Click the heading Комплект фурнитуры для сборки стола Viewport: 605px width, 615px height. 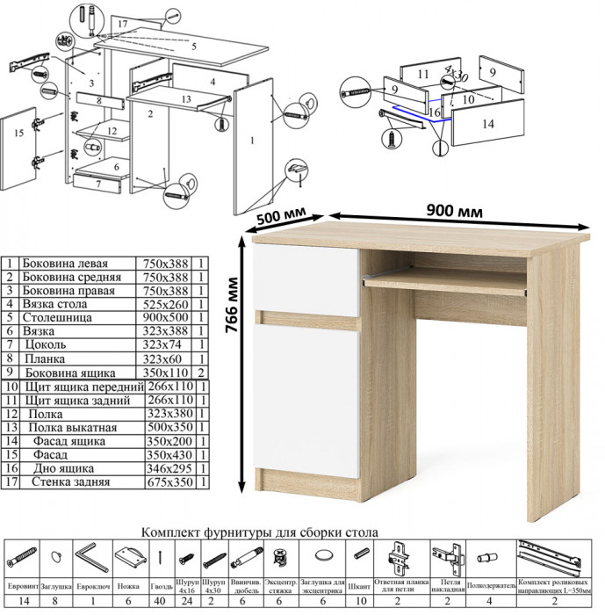[260, 532]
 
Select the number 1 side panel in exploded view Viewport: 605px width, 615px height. [252, 138]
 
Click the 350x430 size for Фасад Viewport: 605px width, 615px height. [165, 455]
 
